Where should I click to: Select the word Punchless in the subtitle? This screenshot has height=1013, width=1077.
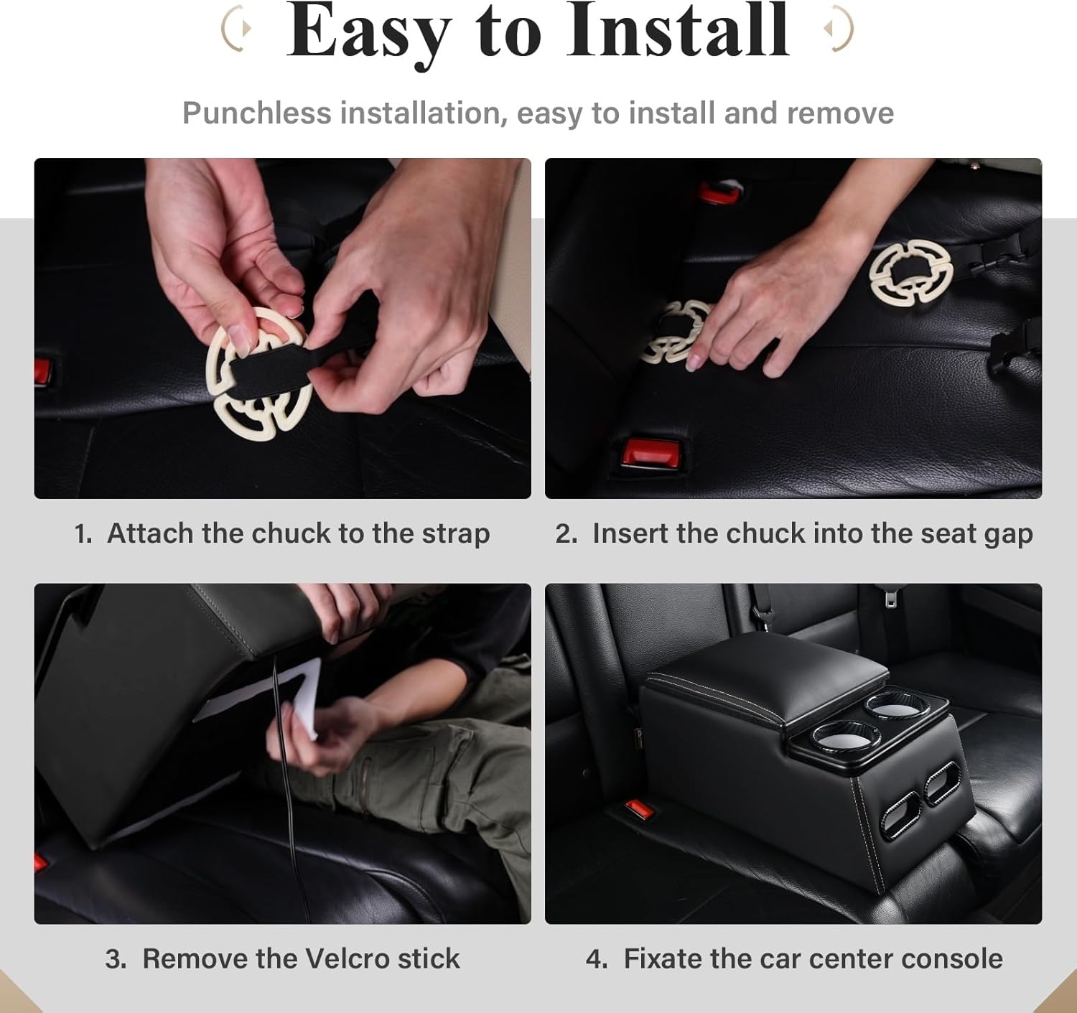256,113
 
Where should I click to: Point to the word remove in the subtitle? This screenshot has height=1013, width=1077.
840,113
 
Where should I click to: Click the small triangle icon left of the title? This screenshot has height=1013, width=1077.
247,28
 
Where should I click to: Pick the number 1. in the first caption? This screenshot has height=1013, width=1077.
83,533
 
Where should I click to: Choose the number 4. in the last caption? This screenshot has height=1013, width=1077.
597,958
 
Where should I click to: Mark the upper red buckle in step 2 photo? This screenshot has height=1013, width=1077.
719,192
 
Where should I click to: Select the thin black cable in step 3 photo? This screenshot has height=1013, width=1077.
286,786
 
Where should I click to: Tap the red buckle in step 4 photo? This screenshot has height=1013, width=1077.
638,809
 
